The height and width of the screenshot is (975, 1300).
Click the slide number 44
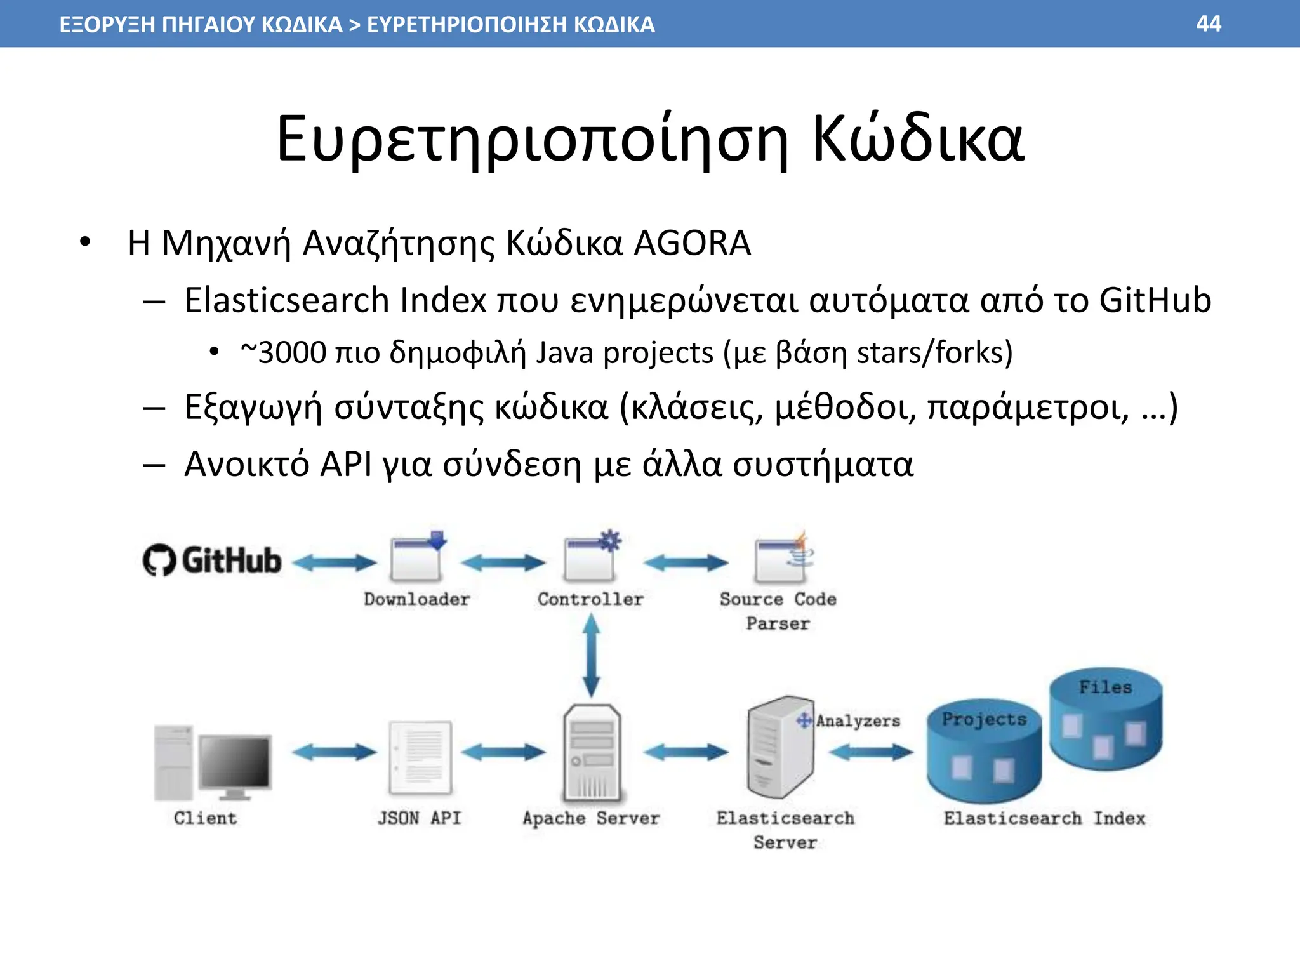[x=1208, y=24]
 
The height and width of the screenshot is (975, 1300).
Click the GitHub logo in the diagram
[x=212, y=560]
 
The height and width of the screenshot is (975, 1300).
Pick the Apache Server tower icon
[x=592, y=753]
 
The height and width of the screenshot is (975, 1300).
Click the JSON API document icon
[x=420, y=757]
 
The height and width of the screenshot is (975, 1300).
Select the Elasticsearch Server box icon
[x=779, y=748]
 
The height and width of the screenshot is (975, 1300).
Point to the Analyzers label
[x=858, y=721]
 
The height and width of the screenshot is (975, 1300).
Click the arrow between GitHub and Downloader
[x=335, y=562]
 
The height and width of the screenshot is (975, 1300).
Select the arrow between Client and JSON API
[x=335, y=753]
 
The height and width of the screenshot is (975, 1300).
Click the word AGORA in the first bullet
[x=692, y=243]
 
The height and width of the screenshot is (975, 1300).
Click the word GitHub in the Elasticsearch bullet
[x=1155, y=300]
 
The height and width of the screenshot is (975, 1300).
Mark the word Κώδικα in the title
[x=917, y=139]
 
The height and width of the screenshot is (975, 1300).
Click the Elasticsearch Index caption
[x=1044, y=818]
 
